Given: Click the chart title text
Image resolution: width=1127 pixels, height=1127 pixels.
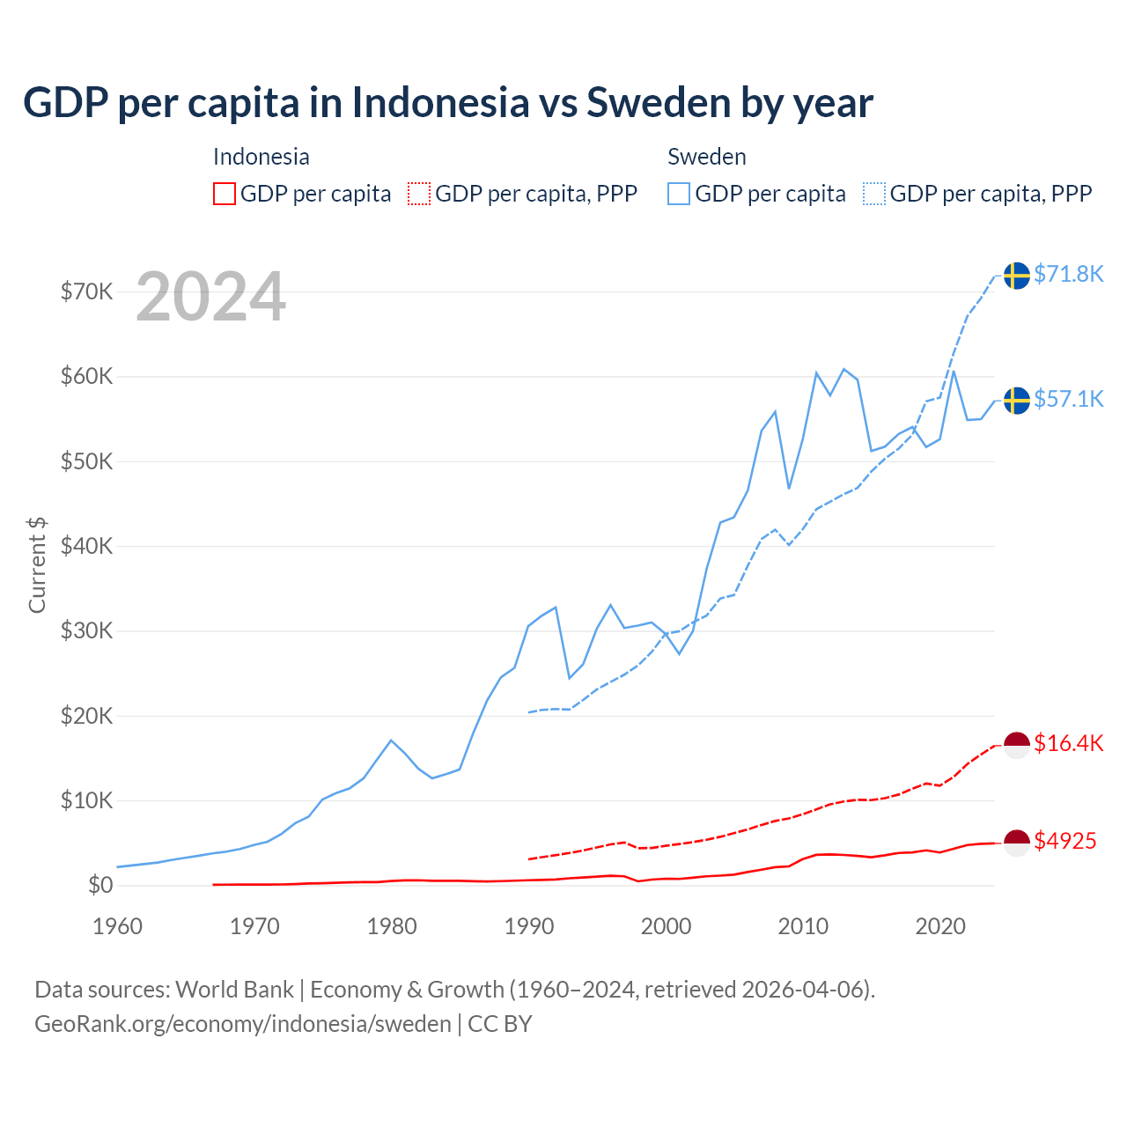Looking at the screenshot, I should [447, 103].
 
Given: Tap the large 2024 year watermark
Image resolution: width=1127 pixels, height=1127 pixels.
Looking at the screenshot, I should [210, 297].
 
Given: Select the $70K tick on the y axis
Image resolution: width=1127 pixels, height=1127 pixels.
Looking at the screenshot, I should [86, 291].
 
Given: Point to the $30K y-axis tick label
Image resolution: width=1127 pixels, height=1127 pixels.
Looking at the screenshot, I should [86, 631].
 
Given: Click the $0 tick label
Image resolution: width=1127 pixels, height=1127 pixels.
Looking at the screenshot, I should [100, 886].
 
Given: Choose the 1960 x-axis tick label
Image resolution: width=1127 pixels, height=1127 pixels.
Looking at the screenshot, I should [117, 926].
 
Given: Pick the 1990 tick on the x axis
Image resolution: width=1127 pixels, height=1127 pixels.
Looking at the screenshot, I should [529, 926].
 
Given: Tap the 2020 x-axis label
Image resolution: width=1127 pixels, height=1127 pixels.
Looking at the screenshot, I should [940, 926].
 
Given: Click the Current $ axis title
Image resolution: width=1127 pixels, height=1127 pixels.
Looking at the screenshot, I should [37, 564].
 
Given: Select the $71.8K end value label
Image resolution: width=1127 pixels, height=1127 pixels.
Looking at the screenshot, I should [1068, 275].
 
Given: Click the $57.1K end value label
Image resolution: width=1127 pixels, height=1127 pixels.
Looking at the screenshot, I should [1068, 400].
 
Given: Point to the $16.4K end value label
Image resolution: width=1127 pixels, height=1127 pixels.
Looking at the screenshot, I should [1068, 744].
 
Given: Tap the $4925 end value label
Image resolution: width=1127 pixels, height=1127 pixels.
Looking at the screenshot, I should [1064, 842].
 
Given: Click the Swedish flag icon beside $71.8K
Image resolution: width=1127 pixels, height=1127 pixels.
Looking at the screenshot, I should [1017, 276].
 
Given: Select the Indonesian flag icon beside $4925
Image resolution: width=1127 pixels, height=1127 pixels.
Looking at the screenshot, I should [1017, 843].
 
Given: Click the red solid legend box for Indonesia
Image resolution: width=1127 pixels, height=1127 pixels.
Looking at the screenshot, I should [225, 194].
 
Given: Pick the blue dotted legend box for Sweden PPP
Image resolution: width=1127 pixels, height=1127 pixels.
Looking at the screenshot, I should [874, 194].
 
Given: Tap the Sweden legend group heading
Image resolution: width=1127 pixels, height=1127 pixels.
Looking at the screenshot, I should [706, 157].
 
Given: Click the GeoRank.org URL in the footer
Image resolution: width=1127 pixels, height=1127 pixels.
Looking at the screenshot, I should [243, 1024].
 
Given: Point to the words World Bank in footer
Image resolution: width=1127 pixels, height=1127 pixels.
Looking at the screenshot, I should [234, 990].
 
